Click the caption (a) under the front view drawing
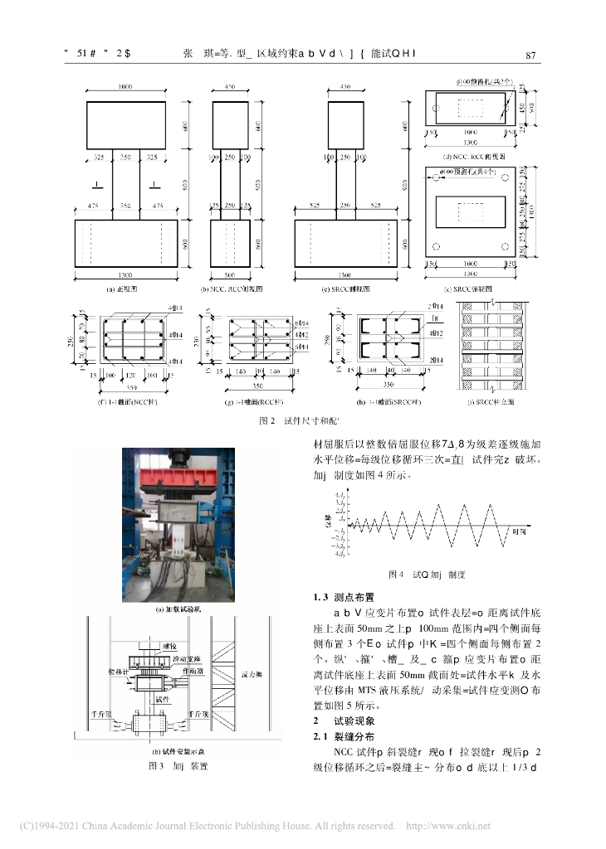click(x=121, y=289)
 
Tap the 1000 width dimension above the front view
click(x=125, y=86)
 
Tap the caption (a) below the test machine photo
click(x=180, y=609)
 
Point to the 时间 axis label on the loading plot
click(x=519, y=530)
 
